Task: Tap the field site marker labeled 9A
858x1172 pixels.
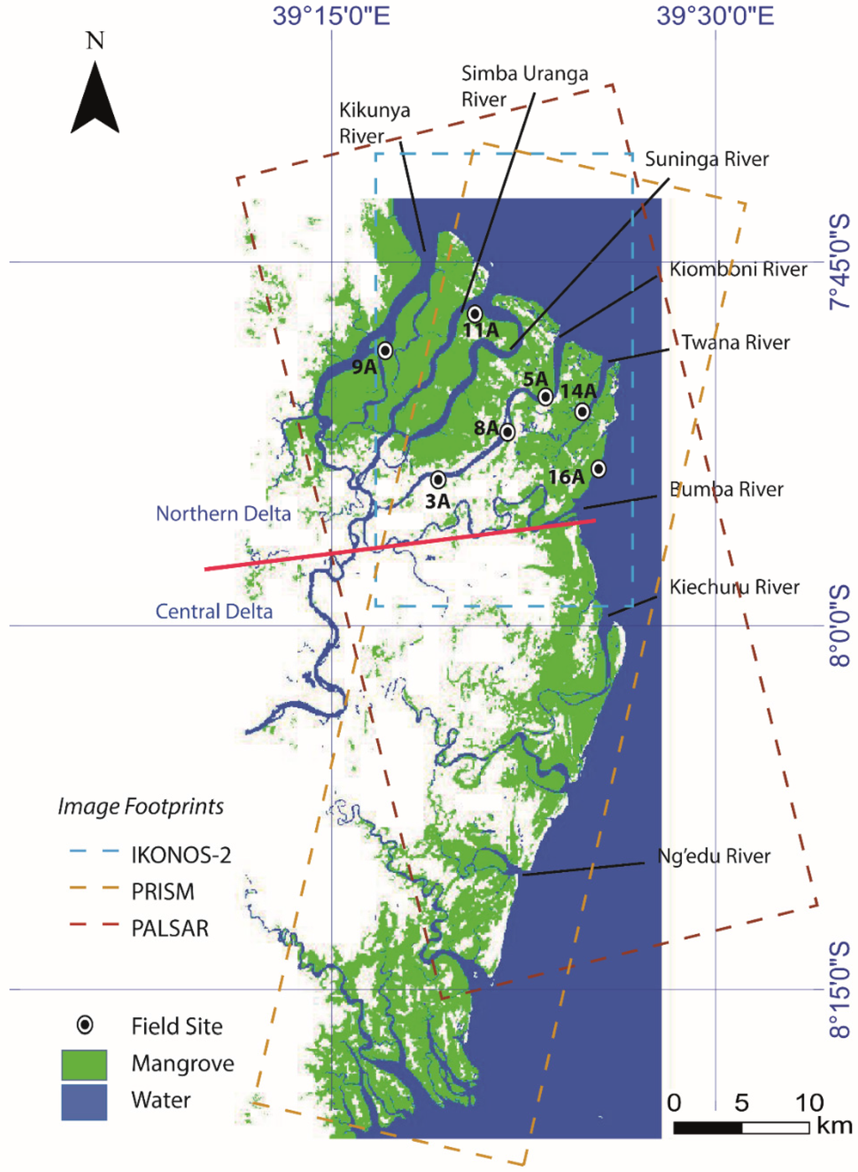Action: (x=385, y=350)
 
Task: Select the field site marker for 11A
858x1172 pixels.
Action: (x=475, y=314)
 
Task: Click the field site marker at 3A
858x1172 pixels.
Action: (x=438, y=480)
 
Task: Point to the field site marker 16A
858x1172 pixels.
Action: (x=598, y=468)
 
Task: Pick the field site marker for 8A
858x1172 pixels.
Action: (x=508, y=432)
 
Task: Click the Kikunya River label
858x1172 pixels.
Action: (x=374, y=123)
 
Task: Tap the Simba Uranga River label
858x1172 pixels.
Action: (x=525, y=86)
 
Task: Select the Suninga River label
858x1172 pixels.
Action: (x=706, y=159)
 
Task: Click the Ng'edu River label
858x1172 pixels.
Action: (x=714, y=856)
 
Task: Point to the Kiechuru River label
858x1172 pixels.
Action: (x=734, y=587)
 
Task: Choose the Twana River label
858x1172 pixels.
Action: (x=735, y=343)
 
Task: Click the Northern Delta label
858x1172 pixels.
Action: (x=223, y=514)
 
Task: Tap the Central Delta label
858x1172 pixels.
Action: (x=214, y=612)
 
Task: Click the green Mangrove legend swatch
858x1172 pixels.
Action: (x=84, y=1065)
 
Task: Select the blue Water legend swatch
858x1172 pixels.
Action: (x=84, y=1102)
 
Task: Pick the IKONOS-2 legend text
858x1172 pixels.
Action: (x=181, y=855)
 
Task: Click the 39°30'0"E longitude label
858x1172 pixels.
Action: (x=715, y=16)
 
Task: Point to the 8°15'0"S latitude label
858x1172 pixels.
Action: (x=840, y=989)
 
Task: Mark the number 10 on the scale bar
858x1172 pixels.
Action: (x=809, y=1102)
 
